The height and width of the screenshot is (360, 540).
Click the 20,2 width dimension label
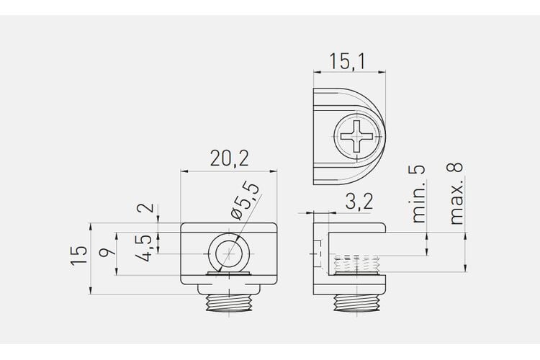[229, 158]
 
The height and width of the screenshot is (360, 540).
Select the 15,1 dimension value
[347, 61]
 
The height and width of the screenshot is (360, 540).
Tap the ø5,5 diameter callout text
[246, 200]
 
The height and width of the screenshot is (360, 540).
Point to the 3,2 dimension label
[359, 201]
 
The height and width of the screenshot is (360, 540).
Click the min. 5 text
[419, 194]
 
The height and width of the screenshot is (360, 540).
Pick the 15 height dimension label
[79, 256]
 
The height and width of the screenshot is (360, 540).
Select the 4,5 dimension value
[144, 248]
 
